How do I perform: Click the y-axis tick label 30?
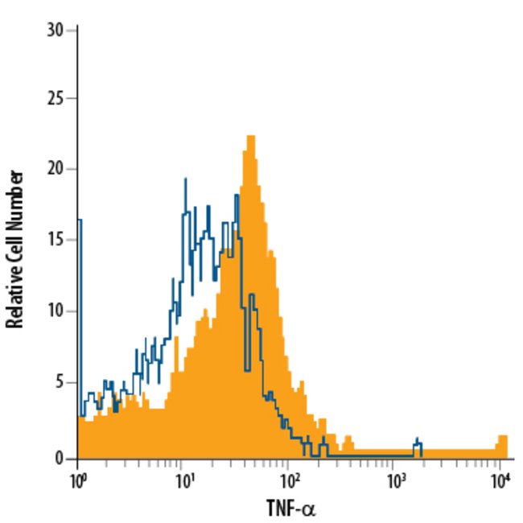56,29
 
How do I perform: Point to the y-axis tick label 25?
56,99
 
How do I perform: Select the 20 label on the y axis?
56,169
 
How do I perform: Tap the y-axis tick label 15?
56,240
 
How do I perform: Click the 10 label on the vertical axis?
56,311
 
